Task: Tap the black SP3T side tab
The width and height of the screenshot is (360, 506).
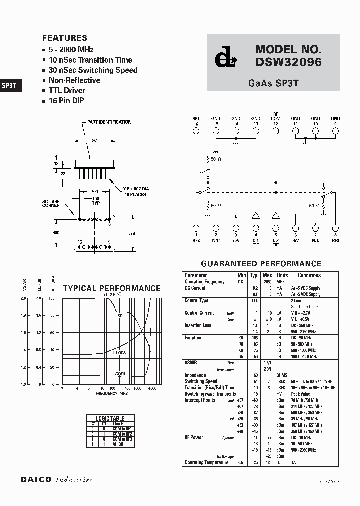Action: (x=10, y=85)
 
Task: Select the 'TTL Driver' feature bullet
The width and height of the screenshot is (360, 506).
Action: (x=66, y=91)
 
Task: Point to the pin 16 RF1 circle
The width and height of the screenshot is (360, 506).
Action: (x=196, y=131)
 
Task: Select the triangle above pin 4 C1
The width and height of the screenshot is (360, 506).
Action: (x=256, y=216)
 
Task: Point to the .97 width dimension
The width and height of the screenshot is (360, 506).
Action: (x=94, y=141)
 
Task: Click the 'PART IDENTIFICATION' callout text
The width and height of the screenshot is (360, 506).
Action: (x=109, y=122)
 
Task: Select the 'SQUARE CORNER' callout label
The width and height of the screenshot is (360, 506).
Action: (x=51, y=203)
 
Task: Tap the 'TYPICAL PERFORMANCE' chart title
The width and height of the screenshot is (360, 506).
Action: (x=112, y=288)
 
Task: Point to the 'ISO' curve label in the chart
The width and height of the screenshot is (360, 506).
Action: (x=119, y=316)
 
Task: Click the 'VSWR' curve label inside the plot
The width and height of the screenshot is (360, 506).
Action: (x=119, y=373)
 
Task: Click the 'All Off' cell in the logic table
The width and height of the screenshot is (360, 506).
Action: (x=117, y=444)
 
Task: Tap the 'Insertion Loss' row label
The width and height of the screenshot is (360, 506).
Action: (x=198, y=326)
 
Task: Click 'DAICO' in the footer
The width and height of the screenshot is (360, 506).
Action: (x=36, y=480)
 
